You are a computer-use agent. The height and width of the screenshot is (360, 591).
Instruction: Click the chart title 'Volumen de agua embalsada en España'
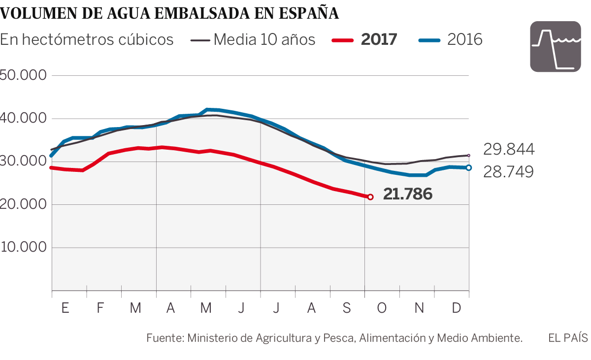pyautogui.click(x=169, y=13)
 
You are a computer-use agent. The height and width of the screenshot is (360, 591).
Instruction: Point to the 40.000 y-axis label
pyautogui.click(x=24, y=118)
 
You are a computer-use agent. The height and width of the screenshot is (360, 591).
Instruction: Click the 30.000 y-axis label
pyautogui.click(x=24, y=162)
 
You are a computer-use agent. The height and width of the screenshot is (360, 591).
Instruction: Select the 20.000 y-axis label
pyautogui.click(x=24, y=204)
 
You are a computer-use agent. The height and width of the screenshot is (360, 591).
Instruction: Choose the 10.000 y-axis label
pyautogui.click(x=24, y=247)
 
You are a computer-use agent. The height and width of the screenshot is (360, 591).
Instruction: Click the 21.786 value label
pyautogui.click(x=408, y=195)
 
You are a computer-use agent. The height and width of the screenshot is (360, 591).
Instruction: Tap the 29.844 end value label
pyautogui.click(x=508, y=149)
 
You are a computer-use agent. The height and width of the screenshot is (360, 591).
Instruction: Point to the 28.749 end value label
pyautogui.click(x=508, y=172)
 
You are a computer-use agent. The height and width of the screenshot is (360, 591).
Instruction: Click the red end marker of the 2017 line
pyautogui.click(x=370, y=197)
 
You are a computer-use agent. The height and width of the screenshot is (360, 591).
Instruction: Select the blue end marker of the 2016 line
pyautogui.click(x=468, y=168)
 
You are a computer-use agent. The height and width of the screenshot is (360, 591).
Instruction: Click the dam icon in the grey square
pyautogui.click(x=555, y=47)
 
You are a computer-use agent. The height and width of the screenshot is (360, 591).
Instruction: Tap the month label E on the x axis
pyautogui.click(x=65, y=308)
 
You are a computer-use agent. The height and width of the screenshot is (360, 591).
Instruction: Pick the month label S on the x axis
pyautogui.click(x=347, y=308)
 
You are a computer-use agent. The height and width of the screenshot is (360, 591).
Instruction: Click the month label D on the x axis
pyautogui.click(x=457, y=308)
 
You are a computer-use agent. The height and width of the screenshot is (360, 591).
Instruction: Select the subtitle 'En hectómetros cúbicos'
pyautogui.click(x=87, y=39)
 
